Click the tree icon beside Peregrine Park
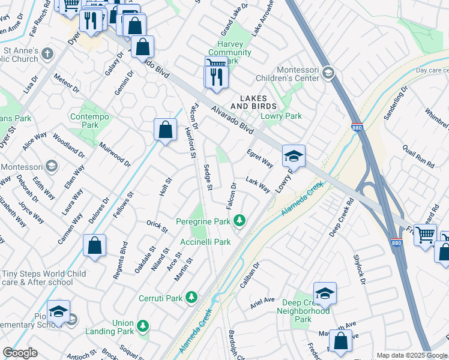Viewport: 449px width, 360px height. pyautogui.click(x=240, y=221)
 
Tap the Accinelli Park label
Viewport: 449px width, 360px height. pyautogui.click(x=206, y=242)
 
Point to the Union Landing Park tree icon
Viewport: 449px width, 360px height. pyautogui.click(x=143, y=326)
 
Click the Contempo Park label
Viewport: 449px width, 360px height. pyautogui.click(x=84, y=121)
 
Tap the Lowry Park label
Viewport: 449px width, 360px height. pyautogui.click(x=281, y=116)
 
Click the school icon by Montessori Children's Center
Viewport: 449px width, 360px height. pyautogui.click(x=328, y=73)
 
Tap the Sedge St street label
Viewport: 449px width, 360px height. pyautogui.click(x=208, y=178)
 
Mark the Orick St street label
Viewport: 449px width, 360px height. pyautogui.click(x=157, y=226)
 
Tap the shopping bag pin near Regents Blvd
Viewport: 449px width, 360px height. pyautogui.click(x=95, y=246)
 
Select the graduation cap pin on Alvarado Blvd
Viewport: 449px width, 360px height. pyautogui.click(x=294, y=156)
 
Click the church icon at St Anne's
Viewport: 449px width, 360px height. pyautogui.click(x=47, y=55)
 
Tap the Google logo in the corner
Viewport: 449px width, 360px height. pyautogui.click(x=20, y=353)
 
